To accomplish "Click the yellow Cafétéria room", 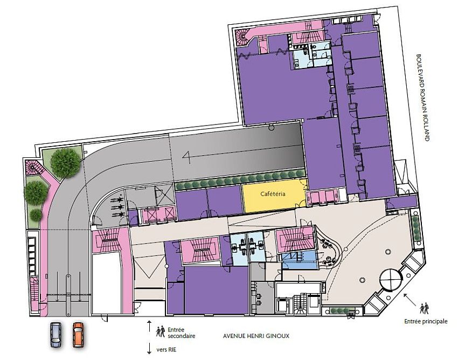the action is pyautogui.click(x=274, y=195).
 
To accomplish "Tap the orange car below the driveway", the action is pyautogui.click(x=79, y=335).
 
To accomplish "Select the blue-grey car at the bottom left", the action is pyautogui.click(x=56, y=335).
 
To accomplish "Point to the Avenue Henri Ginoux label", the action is pyautogui.click(x=256, y=336).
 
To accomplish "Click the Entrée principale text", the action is pyautogui.click(x=426, y=321).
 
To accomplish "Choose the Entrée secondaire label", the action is pyautogui.click(x=181, y=333).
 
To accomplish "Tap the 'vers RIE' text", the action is pyautogui.click(x=166, y=349).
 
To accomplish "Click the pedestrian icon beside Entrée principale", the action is pyautogui.click(x=425, y=309).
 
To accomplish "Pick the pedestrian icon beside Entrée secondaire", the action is pyautogui.click(x=161, y=331).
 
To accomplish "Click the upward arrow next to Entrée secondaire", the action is pyautogui.click(x=149, y=326).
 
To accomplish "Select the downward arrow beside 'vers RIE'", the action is pyautogui.click(x=149, y=349).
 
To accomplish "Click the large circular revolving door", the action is pyautogui.click(x=390, y=280).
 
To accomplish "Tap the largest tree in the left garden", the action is pyautogui.click(x=65, y=163).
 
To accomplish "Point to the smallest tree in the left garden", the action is pyautogui.click(x=36, y=215).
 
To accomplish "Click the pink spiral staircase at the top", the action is pyautogui.click(x=242, y=37).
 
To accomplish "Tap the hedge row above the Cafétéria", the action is pyautogui.click(x=240, y=178).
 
